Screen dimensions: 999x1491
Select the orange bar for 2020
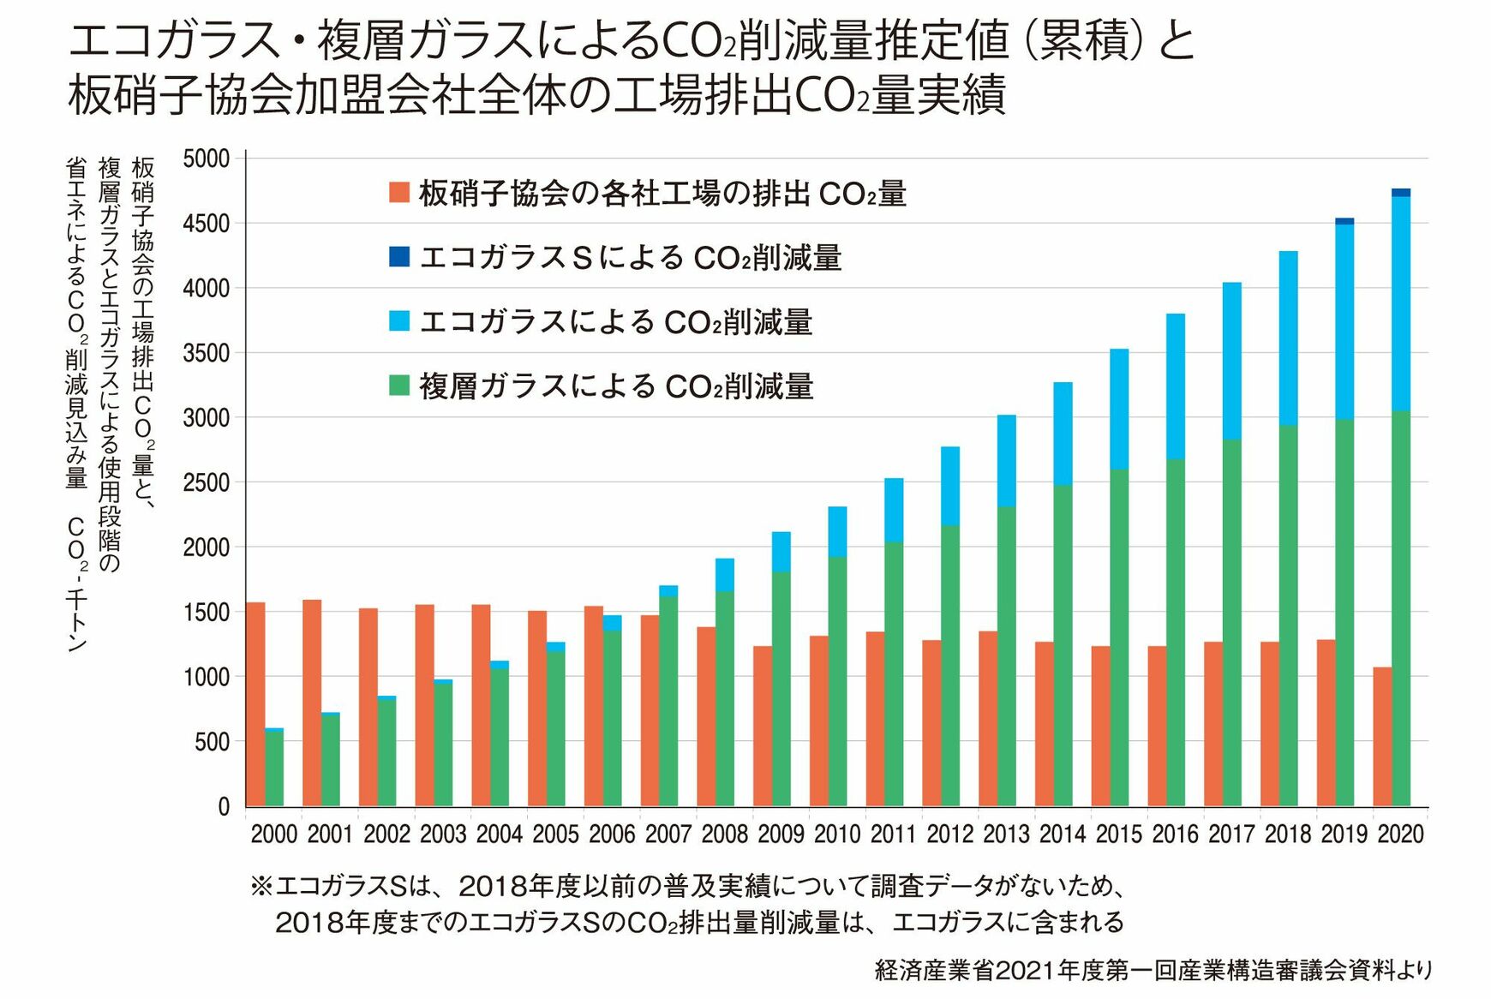coord(1382,737)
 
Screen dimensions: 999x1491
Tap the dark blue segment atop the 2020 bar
coord(1401,193)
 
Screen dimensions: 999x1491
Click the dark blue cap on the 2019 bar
coord(1344,221)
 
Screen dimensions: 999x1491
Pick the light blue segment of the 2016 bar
coord(1176,386)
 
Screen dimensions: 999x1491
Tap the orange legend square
coord(399,192)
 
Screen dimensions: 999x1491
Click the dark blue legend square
coord(399,256)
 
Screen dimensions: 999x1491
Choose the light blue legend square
coord(399,321)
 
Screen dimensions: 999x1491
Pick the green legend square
coord(399,386)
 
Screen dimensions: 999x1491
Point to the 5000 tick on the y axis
coord(207,159)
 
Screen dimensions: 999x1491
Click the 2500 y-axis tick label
coord(207,482)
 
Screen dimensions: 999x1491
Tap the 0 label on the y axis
coord(224,806)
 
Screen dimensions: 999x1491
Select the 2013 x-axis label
coord(1006,834)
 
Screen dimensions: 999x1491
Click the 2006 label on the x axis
coord(612,834)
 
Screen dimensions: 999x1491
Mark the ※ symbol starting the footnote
coord(261,886)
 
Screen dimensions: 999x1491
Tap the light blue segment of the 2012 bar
coord(950,486)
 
